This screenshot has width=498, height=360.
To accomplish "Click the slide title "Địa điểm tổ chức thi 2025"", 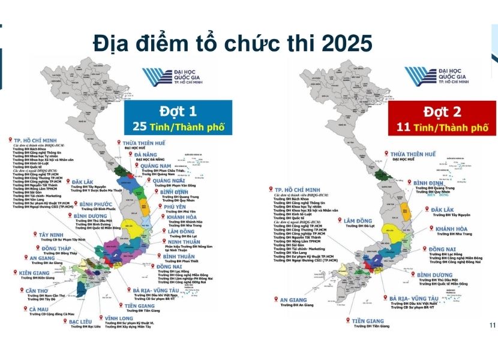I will pos(233,43).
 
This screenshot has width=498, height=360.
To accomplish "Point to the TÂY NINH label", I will pos(56,235).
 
